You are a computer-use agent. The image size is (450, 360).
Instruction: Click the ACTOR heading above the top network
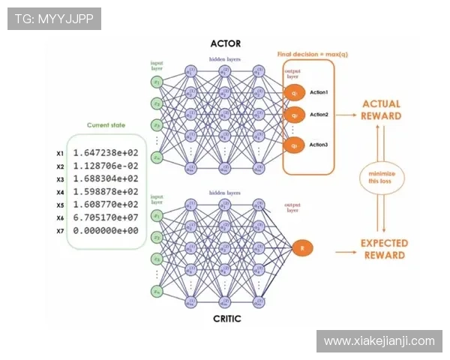click(226, 43)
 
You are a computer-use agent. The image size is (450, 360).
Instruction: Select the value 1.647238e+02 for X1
click(106, 152)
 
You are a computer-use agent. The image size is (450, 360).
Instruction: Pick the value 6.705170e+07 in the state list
click(106, 217)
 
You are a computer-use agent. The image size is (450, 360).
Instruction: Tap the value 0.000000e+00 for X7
click(106, 230)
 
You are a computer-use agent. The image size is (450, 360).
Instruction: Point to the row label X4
click(60, 192)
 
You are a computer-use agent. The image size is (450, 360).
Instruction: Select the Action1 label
click(319, 92)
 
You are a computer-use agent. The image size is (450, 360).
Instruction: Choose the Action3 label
click(319, 144)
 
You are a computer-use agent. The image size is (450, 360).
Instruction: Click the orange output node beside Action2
click(294, 115)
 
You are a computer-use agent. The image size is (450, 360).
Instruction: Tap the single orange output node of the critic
click(301, 247)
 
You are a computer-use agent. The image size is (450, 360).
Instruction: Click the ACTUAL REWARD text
click(381, 110)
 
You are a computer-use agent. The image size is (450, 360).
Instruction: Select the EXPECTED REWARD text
click(384, 249)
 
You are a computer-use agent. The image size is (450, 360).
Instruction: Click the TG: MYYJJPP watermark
click(54, 18)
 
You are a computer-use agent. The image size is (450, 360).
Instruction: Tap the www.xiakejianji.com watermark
click(379, 341)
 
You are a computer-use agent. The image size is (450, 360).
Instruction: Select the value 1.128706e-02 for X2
click(106, 166)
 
